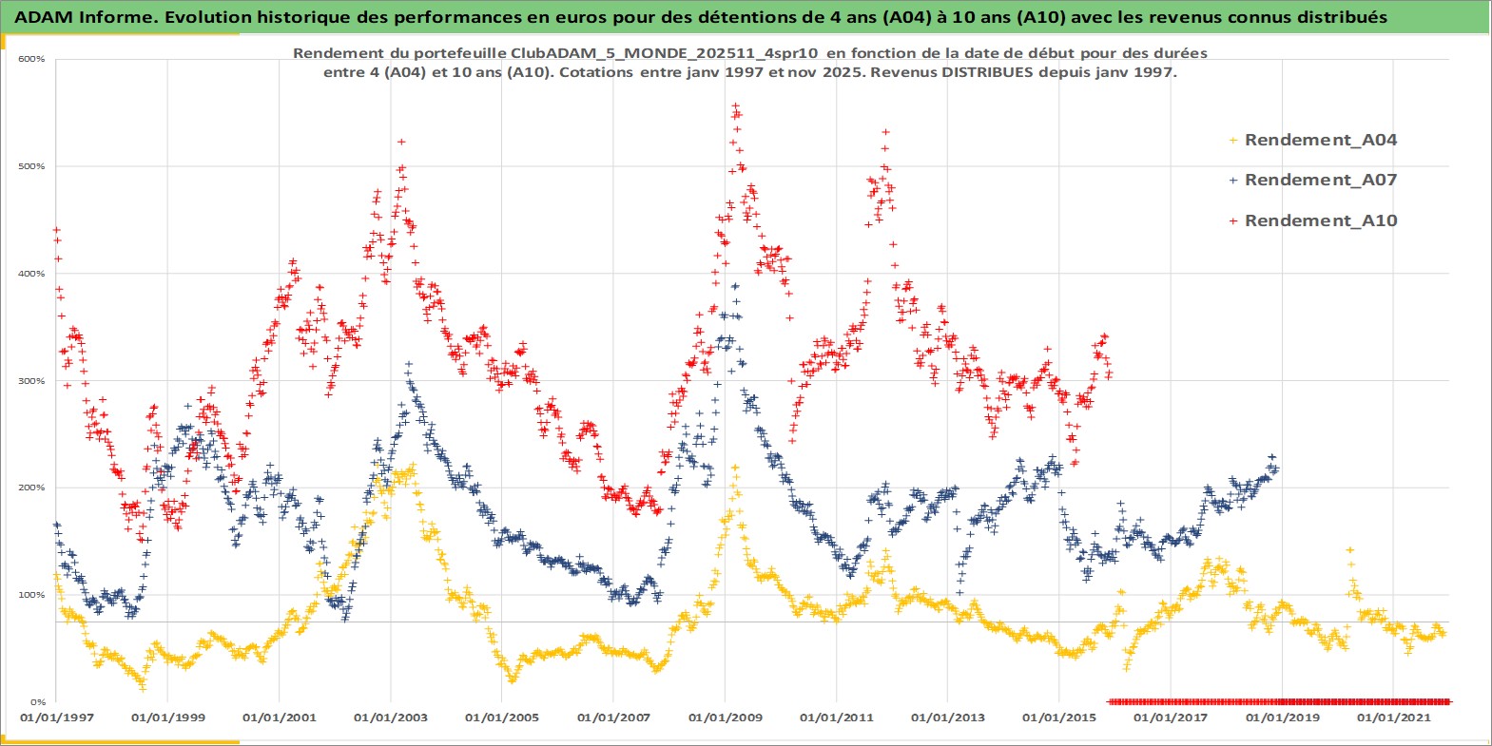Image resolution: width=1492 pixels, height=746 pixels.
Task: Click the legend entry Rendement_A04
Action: (x=1320, y=140)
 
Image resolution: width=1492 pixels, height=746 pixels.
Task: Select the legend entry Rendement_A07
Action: (x=1320, y=180)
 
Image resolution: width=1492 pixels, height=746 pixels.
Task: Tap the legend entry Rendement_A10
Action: (x=1320, y=220)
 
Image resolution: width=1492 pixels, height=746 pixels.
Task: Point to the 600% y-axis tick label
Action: (x=31, y=59)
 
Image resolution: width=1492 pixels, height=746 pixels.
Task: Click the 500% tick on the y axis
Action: (x=31, y=166)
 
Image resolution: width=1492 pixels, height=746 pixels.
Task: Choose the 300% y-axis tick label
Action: (x=31, y=381)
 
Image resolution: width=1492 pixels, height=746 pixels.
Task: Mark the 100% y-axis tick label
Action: (x=31, y=595)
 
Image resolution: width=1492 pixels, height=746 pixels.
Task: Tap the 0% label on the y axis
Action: (x=36, y=702)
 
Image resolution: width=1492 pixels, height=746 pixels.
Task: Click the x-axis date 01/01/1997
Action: (x=56, y=717)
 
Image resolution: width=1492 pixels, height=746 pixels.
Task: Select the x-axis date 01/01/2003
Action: (x=390, y=717)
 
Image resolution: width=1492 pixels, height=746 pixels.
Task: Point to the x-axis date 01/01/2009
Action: (x=725, y=717)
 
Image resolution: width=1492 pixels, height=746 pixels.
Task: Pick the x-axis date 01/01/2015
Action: (x=1058, y=717)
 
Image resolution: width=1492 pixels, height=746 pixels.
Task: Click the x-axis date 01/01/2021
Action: (x=1393, y=717)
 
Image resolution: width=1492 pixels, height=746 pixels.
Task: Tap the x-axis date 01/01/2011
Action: (x=836, y=717)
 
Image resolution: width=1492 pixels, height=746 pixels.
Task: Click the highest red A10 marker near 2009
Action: (x=734, y=105)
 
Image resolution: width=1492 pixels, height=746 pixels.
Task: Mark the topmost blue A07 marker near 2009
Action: (x=734, y=285)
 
